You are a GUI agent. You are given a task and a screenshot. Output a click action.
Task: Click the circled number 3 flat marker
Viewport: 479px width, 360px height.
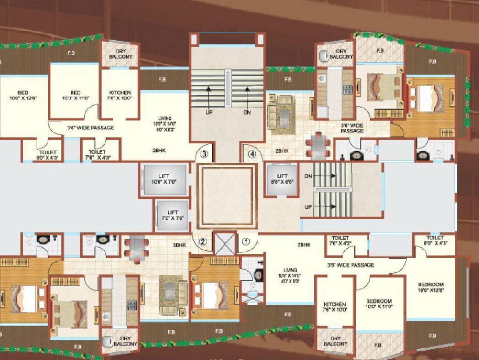(204, 154)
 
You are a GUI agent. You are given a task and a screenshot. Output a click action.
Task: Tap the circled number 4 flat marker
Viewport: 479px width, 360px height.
(251, 154)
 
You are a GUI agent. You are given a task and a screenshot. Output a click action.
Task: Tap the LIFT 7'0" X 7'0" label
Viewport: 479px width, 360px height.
(172, 215)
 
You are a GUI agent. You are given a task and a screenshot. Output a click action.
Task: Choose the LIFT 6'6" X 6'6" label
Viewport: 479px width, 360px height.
(282, 179)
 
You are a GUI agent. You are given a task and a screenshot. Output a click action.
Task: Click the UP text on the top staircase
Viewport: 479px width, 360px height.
(209, 111)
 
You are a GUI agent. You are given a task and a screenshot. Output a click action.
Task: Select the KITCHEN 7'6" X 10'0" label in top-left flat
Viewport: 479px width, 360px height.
(120, 95)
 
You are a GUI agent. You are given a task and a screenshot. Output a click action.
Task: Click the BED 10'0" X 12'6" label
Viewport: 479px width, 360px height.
(22, 95)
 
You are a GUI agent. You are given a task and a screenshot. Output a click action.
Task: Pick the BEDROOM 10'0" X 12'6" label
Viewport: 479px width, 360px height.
(430, 287)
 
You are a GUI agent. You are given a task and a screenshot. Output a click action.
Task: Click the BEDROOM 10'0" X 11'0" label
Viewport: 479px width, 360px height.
(379, 304)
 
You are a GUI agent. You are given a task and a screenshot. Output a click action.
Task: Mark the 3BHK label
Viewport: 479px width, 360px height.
(180, 245)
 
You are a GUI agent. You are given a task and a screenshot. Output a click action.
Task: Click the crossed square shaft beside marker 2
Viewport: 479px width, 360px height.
(224, 242)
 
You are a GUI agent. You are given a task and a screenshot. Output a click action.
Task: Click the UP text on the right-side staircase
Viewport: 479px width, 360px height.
(309, 207)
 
